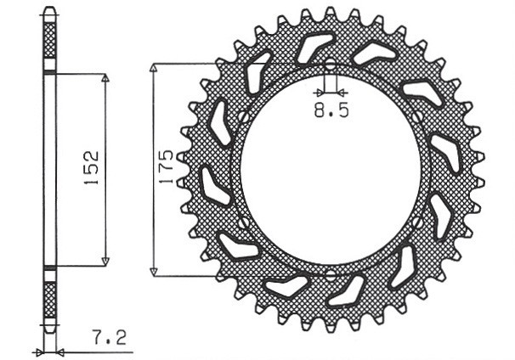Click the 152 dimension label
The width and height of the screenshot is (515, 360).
click(92, 168)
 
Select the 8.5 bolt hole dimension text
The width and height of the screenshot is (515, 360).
click(329, 110)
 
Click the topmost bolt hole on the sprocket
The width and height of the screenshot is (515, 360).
click(330, 65)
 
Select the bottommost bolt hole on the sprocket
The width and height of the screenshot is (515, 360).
click(330, 273)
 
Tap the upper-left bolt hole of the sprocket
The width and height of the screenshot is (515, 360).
click(241, 116)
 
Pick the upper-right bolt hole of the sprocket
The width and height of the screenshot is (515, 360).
click(418, 116)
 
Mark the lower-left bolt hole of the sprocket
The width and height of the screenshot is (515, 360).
click(242, 222)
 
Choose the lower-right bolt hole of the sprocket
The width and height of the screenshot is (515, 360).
click(418, 222)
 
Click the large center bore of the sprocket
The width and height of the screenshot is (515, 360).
click(330, 170)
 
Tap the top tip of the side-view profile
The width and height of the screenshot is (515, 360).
click(50, 10)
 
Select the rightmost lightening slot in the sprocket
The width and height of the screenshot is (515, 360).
click(443, 216)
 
